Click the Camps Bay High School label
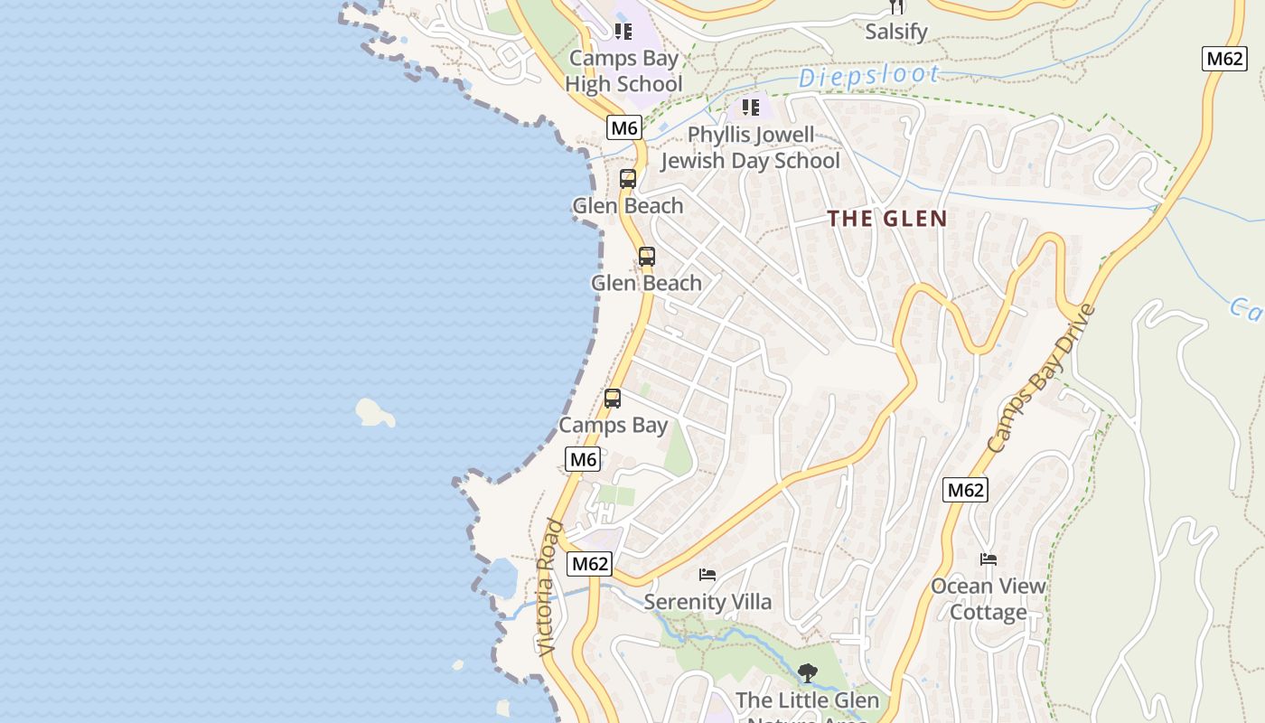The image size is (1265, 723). (x=623, y=71)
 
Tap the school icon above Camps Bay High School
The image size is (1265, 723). (x=623, y=32)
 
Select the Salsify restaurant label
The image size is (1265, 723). (x=896, y=32)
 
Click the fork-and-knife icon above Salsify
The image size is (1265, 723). (x=896, y=6)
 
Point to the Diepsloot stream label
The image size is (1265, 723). (x=869, y=76)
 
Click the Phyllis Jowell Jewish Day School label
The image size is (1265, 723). (x=750, y=148)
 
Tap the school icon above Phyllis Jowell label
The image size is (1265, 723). (x=751, y=108)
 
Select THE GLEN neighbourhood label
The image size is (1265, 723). (x=887, y=219)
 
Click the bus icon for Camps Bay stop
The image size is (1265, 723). (x=613, y=399)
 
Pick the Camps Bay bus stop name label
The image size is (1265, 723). (x=613, y=425)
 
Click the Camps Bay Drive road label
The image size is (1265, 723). (x=1041, y=379)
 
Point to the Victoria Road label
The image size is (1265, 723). (x=550, y=587)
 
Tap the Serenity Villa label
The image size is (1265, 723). (x=707, y=602)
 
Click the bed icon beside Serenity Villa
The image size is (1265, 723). (x=707, y=575)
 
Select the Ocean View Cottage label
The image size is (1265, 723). (x=989, y=598)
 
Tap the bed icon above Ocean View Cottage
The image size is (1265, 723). (x=989, y=559)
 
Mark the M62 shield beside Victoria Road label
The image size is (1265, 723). (x=590, y=564)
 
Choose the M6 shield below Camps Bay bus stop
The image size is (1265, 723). (x=583, y=459)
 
